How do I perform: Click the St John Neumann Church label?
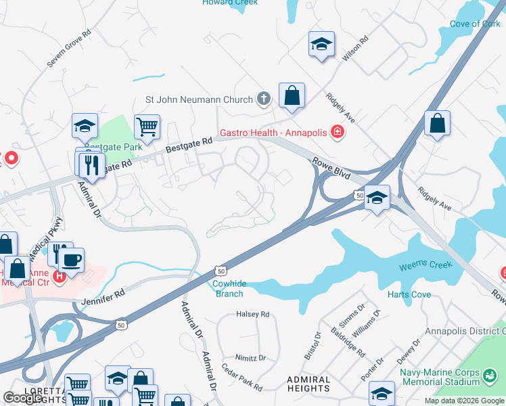(x=199, y=99)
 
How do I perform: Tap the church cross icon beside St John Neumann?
(x=264, y=99)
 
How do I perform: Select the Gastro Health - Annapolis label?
(x=272, y=132)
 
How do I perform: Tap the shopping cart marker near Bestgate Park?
(x=147, y=126)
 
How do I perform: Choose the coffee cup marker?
(x=72, y=259)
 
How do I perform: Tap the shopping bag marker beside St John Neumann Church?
(x=292, y=96)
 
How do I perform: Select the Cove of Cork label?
(x=475, y=24)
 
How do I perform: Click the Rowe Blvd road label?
(x=330, y=166)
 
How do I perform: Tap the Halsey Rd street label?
(x=253, y=314)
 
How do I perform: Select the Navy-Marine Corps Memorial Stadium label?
(x=457, y=377)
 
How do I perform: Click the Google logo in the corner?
(x=22, y=398)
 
